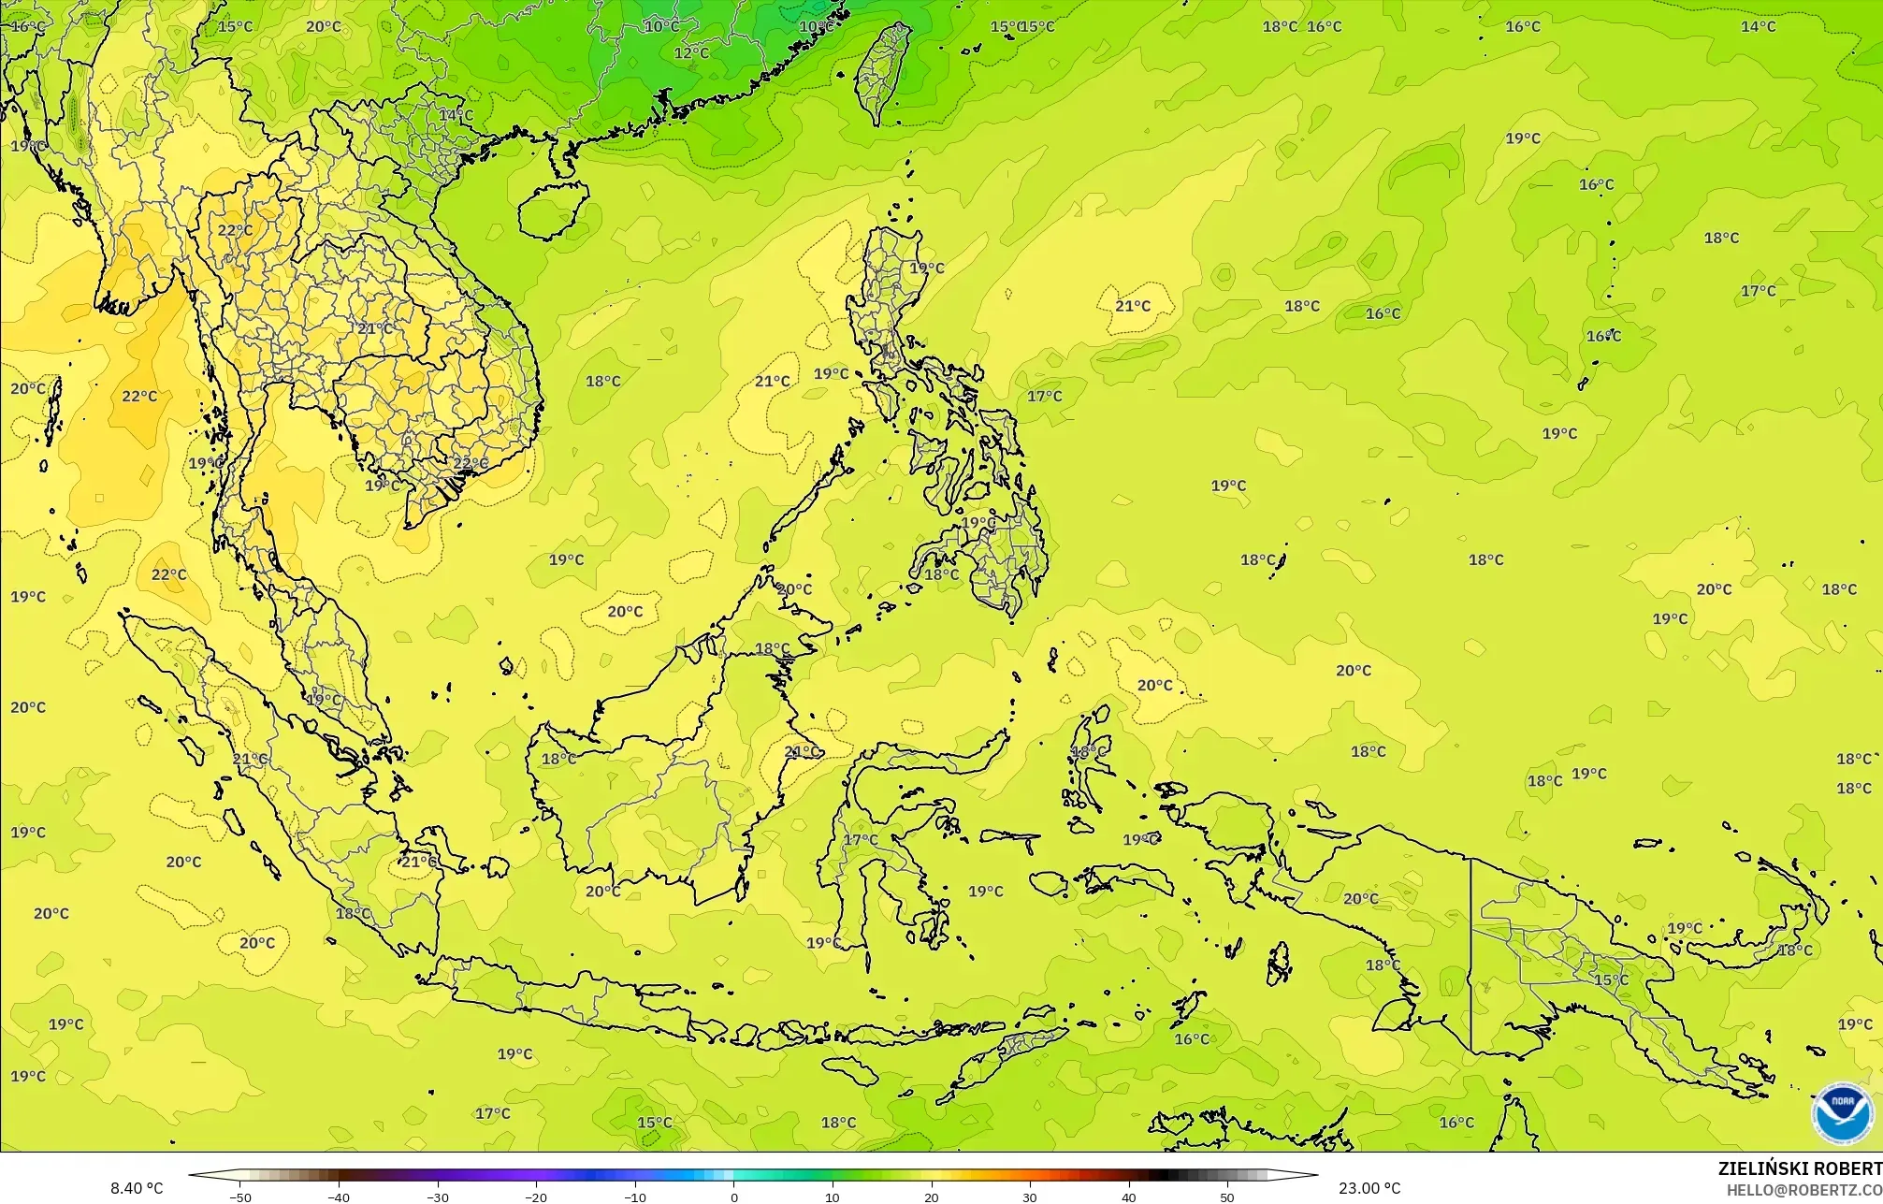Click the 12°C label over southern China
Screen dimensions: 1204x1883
click(x=691, y=53)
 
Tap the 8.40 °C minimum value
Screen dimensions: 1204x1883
click(x=137, y=1188)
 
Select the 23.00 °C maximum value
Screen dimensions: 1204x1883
click(x=1369, y=1188)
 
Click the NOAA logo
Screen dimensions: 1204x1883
click(x=1842, y=1113)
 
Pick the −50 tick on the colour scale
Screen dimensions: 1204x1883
click(x=240, y=1197)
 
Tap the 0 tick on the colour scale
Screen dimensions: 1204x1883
click(x=734, y=1197)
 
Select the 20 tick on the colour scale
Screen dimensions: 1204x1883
click(x=931, y=1197)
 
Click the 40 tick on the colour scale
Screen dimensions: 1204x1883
click(x=1128, y=1197)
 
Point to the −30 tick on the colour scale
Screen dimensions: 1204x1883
click(x=438, y=1197)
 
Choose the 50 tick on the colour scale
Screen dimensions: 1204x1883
click(x=1227, y=1197)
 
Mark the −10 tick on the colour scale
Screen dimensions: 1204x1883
click(x=635, y=1197)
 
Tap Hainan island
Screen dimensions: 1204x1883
click(x=552, y=210)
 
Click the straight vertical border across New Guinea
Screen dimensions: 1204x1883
click(x=1471, y=954)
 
